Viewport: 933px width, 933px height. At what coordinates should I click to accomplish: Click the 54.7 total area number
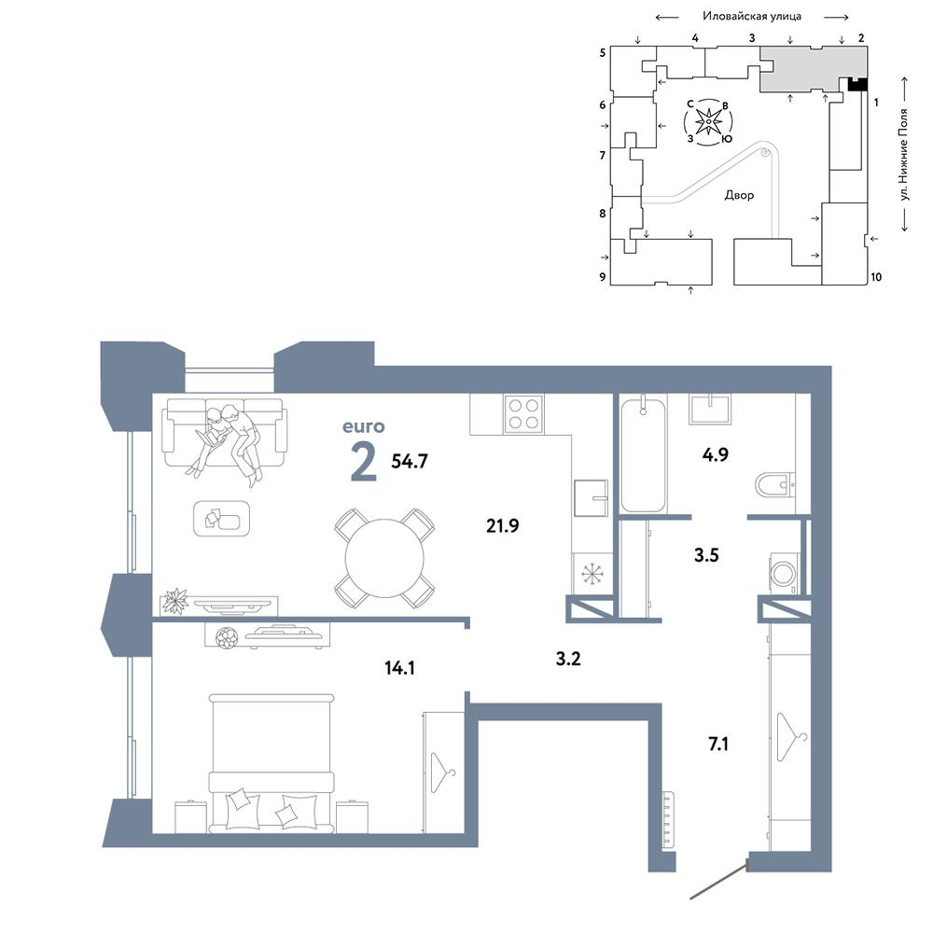coord(410,461)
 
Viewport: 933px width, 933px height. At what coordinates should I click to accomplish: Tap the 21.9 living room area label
coord(502,526)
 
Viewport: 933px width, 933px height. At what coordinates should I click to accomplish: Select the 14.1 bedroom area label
coord(399,668)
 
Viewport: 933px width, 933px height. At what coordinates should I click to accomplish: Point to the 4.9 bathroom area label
coord(715,454)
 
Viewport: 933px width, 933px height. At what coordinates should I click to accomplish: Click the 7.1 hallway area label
coord(718,744)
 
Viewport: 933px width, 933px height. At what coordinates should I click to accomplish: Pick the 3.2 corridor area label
coord(567,659)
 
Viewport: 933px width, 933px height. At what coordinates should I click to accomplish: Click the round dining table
coord(384,558)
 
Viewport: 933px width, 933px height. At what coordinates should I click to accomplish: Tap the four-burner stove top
coord(523,414)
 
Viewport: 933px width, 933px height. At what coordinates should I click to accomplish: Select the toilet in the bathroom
coord(774,485)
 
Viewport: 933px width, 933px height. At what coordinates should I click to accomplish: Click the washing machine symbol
coord(785,574)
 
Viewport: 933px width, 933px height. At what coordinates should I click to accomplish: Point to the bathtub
coord(643,455)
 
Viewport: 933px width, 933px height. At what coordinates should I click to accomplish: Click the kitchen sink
coord(591,498)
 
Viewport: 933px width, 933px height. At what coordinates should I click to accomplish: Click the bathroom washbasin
coord(710,410)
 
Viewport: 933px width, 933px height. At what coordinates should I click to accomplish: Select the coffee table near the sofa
coord(221,518)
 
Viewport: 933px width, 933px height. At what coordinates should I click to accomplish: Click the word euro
coord(364,426)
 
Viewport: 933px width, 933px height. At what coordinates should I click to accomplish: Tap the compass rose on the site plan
coord(709,122)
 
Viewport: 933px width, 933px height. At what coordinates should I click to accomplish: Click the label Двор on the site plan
coord(739,195)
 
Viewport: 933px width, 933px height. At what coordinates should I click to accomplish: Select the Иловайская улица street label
coord(751,16)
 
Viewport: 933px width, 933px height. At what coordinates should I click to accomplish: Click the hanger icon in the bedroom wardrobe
coord(442,773)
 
